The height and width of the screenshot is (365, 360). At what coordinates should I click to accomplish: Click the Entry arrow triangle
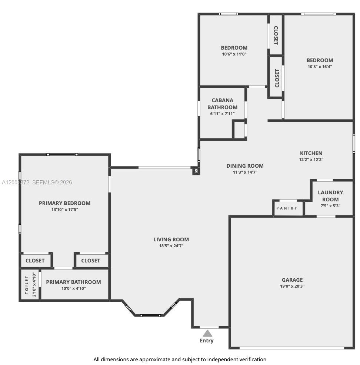pyautogui.click(x=207, y=333)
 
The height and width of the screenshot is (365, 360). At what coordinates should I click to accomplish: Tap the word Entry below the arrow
pyautogui.click(x=207, y=341)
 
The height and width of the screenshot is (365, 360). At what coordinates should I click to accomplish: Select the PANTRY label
pyautogui.click(x=287, y=208)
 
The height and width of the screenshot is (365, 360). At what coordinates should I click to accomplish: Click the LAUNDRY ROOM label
pyautogui.click(x=330, y=196)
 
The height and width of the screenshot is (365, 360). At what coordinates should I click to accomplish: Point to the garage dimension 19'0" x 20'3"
pyautogui.click(x=292, y=286)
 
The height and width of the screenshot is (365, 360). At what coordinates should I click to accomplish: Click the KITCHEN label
pyautogui.click(x=311, y=153)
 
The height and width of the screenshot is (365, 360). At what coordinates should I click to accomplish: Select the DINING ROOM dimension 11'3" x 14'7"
pyautogui.click(x=245, y=172)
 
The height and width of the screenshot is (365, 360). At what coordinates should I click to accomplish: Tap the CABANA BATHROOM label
pyautogui.click(x=222, y=104)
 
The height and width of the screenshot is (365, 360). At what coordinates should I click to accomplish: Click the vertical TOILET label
pyautogui.click(x=27, y=285)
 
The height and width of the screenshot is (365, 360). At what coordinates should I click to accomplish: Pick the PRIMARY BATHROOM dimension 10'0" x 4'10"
pyautogui.click(x=73, y=288)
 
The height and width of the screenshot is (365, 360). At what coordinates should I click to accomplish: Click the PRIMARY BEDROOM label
pyautogui.click(x=64, y=203)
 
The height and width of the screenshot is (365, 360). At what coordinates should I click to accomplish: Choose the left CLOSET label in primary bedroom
pyautogui.click(x=35, y=261)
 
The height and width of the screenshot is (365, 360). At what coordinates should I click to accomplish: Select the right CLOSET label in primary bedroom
pyautogui.click(x=91, y=261)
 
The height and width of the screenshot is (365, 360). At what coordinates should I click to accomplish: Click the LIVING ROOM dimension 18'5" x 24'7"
pyautogui.click(x=171, y=246)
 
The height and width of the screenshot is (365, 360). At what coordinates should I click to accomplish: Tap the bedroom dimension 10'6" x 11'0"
pyautogui.click(x=234, y=54)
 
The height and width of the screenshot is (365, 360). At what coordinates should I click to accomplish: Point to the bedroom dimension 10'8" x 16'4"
pyautogui.click(x=320, y=67)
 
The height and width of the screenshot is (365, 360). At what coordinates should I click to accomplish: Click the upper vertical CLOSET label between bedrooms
pyautogui.click(x=276, y=35)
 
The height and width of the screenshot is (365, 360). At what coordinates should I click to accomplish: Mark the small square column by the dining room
pyautogui.click(x=196, y=171)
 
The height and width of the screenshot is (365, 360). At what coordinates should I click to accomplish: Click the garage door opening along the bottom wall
pyautogui.click(x=292, y=348)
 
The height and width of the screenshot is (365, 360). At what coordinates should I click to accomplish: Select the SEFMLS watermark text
pyautogui.click(x=52, y=182)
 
